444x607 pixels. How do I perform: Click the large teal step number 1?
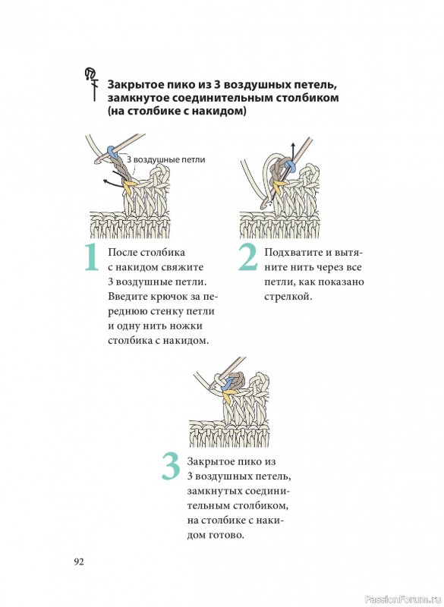click(x=92, y=256)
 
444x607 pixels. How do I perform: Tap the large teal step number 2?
click(x=247, y=256)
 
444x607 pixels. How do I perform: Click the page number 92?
click(x=79, y=561)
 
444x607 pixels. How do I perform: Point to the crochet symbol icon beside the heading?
click(x=91, y=83)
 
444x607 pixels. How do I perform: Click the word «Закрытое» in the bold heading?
click(x=128, y=85)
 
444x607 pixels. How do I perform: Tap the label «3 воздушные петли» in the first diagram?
click(x=165, y=159)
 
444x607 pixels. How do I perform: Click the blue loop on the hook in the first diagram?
click(x=112, y=152)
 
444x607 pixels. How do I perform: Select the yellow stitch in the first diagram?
click(x=129, y=184)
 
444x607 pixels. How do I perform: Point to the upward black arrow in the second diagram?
click(x=293, y=156)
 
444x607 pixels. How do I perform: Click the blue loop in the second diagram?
click(x=289, y=167)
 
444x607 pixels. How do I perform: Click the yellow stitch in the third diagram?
click(x=230, y=395)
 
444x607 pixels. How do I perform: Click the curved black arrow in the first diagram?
click(x=115, y=179)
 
